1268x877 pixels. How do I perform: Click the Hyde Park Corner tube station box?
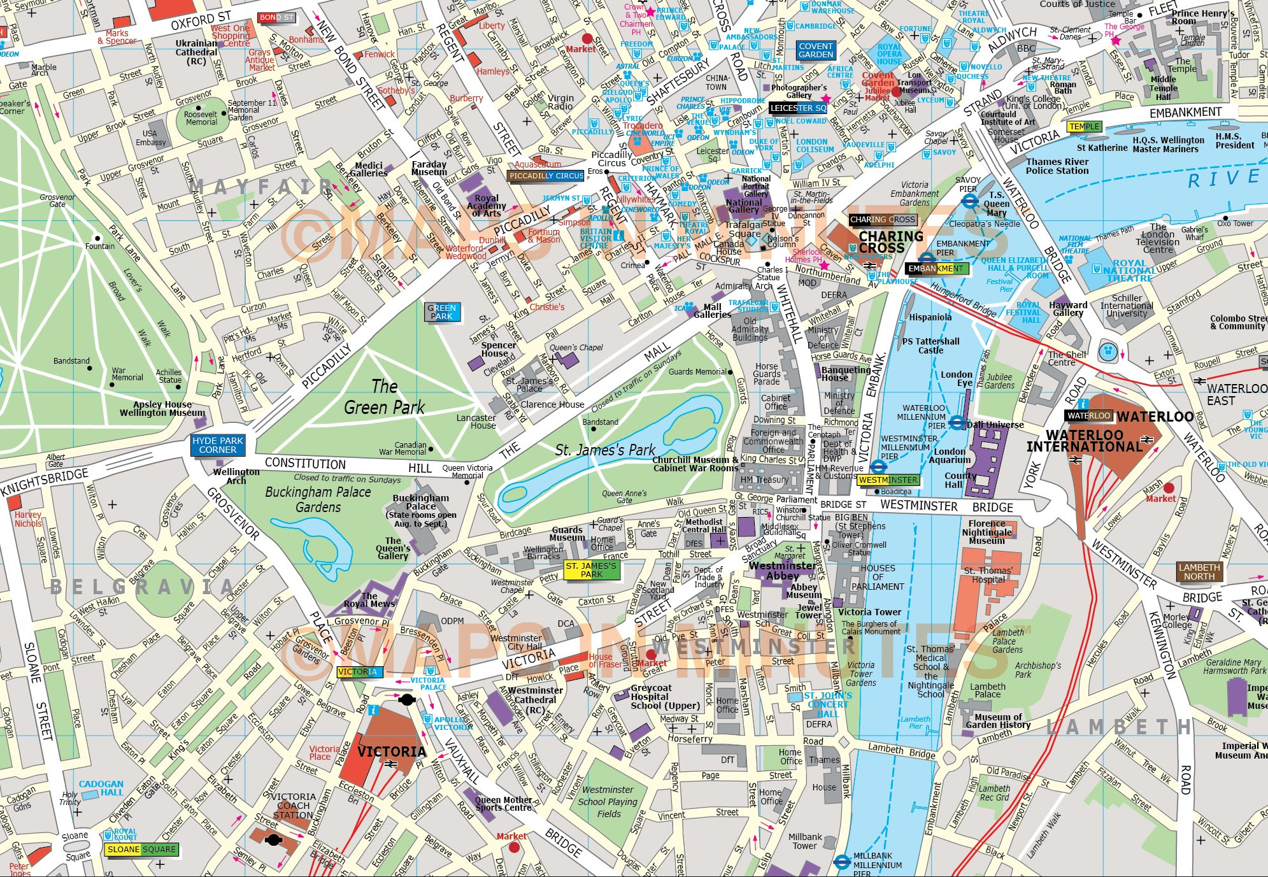pos(218,445)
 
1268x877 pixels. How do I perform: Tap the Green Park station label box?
pos(441,312)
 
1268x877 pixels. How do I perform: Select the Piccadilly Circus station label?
pos(546,176)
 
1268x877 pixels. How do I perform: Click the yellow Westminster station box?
pos(888,480)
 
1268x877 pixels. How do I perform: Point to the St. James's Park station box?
pos(591,570)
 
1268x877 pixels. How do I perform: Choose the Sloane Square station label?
pos(142,850)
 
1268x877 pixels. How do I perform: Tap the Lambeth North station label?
pos(1199,572)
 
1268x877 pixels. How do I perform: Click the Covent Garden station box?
pos(816,50)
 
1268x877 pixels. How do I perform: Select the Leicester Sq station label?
pos(798,108)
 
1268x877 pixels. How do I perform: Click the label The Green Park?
pos(384,397)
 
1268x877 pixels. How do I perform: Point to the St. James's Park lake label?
pos(604,450)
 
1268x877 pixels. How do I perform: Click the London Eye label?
pos(957,379)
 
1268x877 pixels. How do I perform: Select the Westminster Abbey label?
pos(782,571)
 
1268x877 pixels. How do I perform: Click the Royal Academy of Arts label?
pos(487,206)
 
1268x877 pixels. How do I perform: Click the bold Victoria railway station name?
pos(391,752)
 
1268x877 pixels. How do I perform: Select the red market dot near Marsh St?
pos(1168,488)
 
